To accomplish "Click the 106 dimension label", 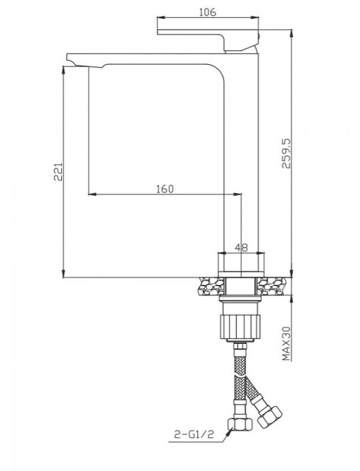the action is point(207,12).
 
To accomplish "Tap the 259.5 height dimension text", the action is point(286,154).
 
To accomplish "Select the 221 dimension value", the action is point(58,171).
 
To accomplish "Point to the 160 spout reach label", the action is point(165,189).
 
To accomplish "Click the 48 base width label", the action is point(241,248).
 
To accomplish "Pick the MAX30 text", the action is point(286,344).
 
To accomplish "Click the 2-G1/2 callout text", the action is point(194,434).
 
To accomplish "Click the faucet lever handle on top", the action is point(208,39).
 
